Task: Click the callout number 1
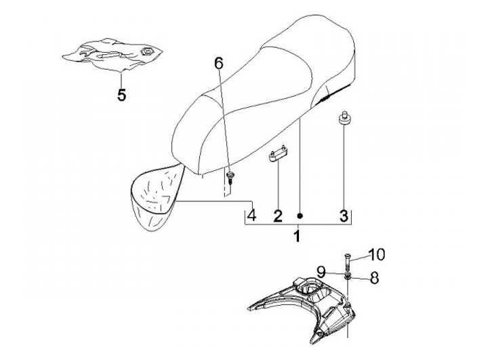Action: pyautogui.click(x=298, y=236)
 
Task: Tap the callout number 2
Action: pyautogui.click(x=278, y=216)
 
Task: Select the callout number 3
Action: pyautogui.click(x=344, y=216)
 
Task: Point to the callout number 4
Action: pyautogui.click(x=251, y=215)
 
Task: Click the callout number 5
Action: pyautogui.click(x=122, y=95)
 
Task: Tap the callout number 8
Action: pyautogui.click(x=375, y=277)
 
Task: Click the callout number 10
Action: pyautogui.click(x=377, y=254)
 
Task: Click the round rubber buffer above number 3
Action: pyautogui.click(x=344, y=119)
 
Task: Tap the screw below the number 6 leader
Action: pyautogui.click(x=230, y=178)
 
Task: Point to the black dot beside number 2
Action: pyautogui.click(x=300, y=216)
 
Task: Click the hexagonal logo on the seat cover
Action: pyautogui.click(x=146, y=52)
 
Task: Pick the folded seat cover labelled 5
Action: pyautogui.click(x=113, y=55)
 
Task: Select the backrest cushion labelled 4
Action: pyautogui.click(x=156, y=197)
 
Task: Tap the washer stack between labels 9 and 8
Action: pyautogui.click(x=347, y=275)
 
